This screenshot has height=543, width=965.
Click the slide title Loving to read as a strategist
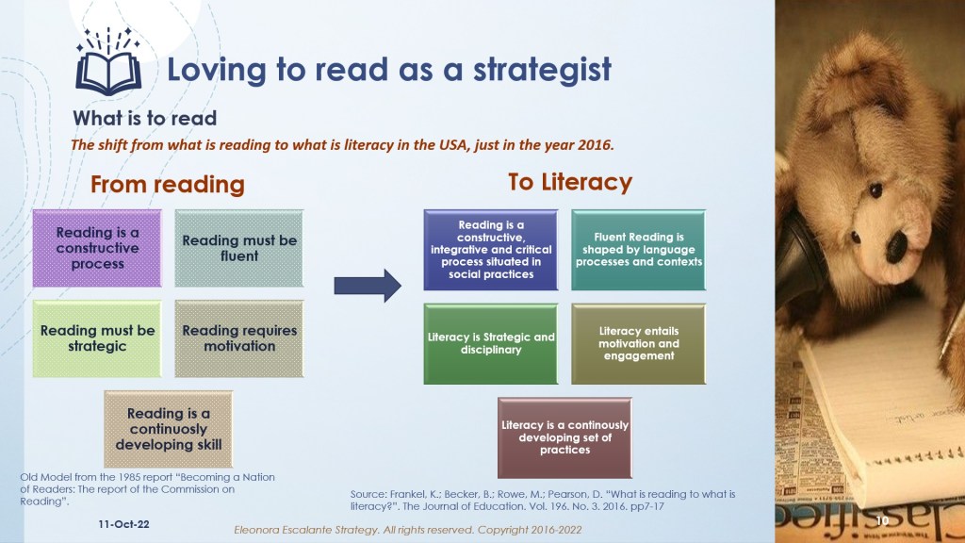click(x=389, y=70)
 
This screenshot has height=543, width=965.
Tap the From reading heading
click(x=168, y=184)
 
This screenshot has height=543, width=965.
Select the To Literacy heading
click(x=570, y=182)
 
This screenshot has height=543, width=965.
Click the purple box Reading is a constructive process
click(x=97, y=248)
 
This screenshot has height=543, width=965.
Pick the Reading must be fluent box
click(x=238, y=248)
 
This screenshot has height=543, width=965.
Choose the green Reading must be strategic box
click(x=97, y=338)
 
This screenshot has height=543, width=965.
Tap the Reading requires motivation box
click(x=238, y=338)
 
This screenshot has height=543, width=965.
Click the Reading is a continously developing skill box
click(x=168, y=429)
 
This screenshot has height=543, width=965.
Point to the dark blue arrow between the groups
click(x=368, y=286)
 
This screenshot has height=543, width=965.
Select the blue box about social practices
click(x=490, y=249)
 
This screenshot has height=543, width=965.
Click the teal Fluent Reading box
click(x=638, y=249)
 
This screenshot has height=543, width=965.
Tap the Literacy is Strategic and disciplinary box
click(x=490, y=343)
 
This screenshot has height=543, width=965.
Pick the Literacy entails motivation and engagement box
click(x=638, y=343)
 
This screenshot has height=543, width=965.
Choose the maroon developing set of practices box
click(x=564, y=437)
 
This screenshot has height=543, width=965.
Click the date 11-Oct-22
click(x=123, y=524)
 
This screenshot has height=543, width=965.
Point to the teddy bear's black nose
click(x=895, y=245)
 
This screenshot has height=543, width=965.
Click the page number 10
click(x=882, y=520)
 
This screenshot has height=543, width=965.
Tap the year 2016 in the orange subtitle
click(x=595, y=145)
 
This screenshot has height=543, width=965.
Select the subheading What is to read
click(x=144, y=118)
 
